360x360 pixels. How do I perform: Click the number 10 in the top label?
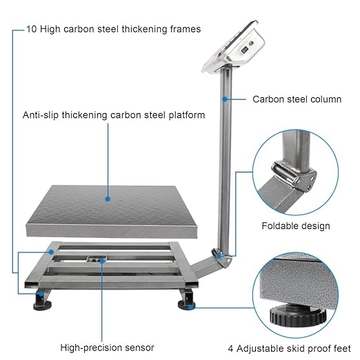pyautogui.click(x=31, y=29)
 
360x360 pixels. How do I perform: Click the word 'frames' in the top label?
pyautogui.click(x=183, y=29)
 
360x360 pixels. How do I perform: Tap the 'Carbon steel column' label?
pyautogui.click(x=297, y=99)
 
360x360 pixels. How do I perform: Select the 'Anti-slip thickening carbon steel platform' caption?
pyautogui.click(x=114, y=115)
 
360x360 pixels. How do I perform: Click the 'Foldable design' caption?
pyautogui.click(x=295, y=226)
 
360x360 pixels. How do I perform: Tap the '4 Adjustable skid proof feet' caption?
pyautogui.click(x=289, y=347)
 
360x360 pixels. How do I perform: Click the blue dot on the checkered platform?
pyautogui.click(x=108, y=198)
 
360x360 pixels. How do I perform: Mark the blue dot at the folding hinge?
pyautogui.click(x=219, y=256)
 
